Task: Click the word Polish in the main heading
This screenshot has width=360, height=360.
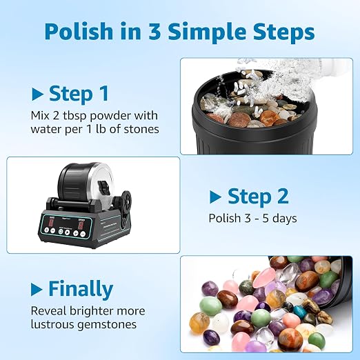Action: click(x=79, y=31)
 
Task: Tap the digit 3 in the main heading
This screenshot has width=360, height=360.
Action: click(x=154, y=31)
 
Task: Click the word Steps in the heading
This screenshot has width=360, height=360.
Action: click(x=283, y=32)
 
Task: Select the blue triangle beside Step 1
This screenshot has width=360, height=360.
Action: click(x=37, y=94)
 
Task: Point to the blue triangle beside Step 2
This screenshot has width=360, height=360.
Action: click(x=215, y=197)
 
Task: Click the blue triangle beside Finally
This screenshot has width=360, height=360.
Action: click(x=37, y=289)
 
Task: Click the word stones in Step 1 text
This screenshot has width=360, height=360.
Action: click(x=141, y=129)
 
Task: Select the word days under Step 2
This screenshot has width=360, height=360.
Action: click(x=284, y=219)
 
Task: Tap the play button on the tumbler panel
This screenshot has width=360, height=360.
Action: click(x=67, y=232)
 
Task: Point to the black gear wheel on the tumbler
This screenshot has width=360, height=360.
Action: click(x=126, y=201)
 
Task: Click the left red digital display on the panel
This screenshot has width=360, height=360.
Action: click(x=51, y=222)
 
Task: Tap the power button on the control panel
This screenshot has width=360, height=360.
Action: click(x=61, y=232)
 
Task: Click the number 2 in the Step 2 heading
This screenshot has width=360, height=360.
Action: click(x=283, y=197)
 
